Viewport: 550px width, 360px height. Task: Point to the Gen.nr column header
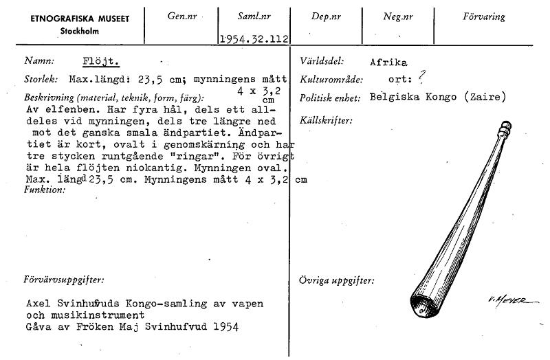click(x=181, y=16)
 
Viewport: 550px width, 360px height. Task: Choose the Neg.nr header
click(x=397, y=16)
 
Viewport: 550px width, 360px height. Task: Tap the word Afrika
click(x=388, y=61)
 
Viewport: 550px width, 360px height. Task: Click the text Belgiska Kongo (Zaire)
click(x=437, y=97)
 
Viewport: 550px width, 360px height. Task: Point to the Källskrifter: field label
click(x=326, y=121)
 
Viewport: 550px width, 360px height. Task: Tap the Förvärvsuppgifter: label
click(x=64, y=280)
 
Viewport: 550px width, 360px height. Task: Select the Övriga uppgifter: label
click(x=337, y=280)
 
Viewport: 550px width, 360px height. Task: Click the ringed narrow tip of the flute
click(x=505, y=127)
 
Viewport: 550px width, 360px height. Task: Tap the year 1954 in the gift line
click(x=225, y=327)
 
